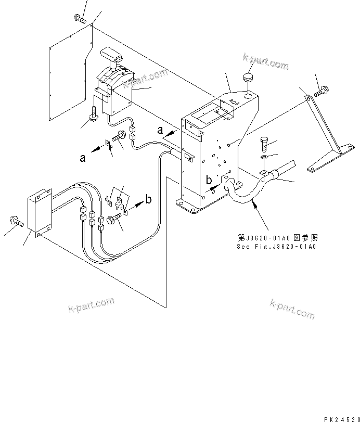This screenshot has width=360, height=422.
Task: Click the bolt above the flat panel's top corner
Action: [x=80, y=19]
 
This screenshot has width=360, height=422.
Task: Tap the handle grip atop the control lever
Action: [x=111, y=55]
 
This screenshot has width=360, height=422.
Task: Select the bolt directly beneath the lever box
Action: [x=94, y=114]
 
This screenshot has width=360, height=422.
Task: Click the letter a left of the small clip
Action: [x=83, y=158]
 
